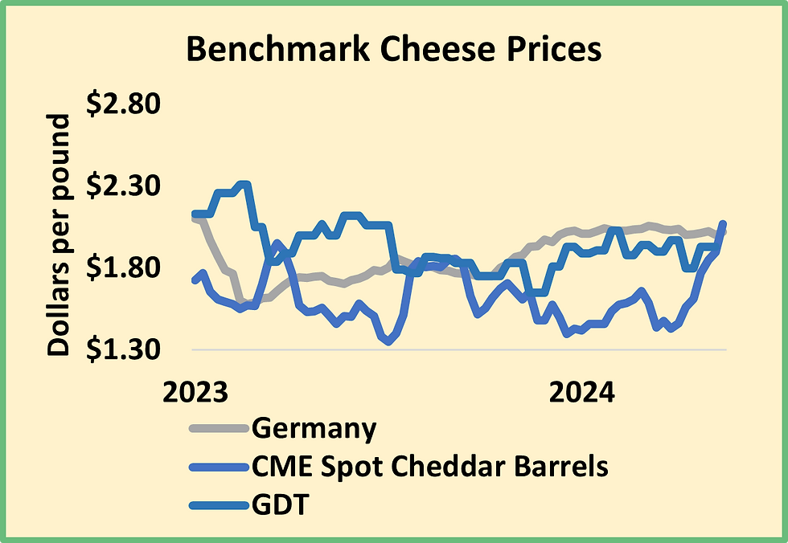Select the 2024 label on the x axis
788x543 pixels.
pos(581,393)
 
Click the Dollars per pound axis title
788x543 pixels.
pos(59,235)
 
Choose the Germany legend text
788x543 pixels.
pos(314,428)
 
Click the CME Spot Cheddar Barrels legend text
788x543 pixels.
pos(429,466)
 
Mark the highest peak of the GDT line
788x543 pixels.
pos(244,185)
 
